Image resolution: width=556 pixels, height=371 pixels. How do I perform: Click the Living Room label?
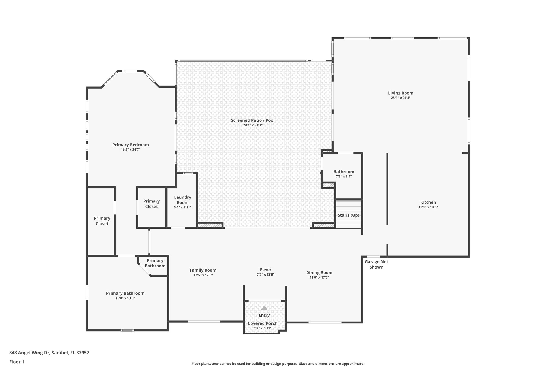pos(400,93)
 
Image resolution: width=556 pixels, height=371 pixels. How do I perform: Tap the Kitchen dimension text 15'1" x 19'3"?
pos(428,207)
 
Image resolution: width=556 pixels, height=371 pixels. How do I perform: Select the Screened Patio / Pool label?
pos(252,120)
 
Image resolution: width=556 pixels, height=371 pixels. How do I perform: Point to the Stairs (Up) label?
pos(348,215)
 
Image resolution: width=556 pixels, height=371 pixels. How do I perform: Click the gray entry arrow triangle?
pos(264,308)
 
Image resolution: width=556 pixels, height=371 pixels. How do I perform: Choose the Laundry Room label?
pos(182,200)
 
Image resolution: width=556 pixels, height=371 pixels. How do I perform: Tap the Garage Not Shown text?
pos(376,264)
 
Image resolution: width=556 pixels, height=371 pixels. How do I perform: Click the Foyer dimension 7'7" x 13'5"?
pos(266,275)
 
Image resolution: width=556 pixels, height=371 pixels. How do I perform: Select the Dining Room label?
pos(319,273)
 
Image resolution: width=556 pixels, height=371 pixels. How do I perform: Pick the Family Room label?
pos(203,270)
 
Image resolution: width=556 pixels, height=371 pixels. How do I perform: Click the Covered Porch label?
pos(263,323)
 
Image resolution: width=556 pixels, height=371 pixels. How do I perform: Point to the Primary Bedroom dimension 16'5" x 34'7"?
pos(131,149)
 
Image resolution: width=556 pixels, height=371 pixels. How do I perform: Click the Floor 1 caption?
pos(17,362)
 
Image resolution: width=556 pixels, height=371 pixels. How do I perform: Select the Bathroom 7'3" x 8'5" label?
pos(344,172)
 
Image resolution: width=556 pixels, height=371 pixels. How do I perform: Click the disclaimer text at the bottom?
pos(278,364)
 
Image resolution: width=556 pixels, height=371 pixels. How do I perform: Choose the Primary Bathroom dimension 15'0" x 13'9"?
pos(125,298)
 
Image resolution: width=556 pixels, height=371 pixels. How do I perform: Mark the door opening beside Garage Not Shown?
pos(373,256)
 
